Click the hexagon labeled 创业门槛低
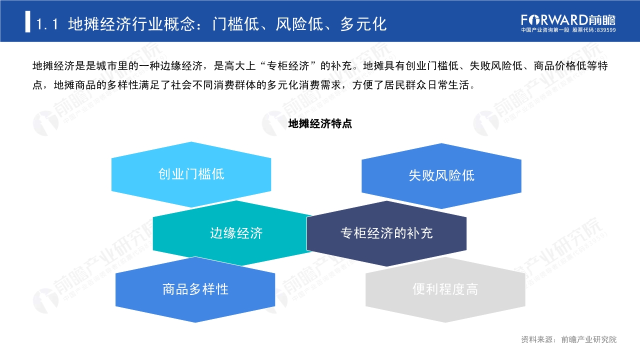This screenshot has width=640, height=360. click(191, 174)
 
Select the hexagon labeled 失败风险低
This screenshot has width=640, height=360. click(441, 175)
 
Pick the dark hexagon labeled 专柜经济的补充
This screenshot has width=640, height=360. click(386, 233)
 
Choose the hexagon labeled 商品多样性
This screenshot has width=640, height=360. click(195, 289)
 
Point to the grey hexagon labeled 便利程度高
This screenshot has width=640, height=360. click(445, 289)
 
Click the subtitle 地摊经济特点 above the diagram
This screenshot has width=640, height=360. click(320, 124)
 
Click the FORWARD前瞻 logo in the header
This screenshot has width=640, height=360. click(568, 19)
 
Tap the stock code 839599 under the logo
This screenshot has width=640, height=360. click(606, 30)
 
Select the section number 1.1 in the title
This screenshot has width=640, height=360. click(48, 23)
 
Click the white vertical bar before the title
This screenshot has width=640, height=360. click(28, 22)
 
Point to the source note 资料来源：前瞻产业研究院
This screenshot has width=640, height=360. click(568, 339)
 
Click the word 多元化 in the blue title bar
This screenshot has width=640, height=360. click(363, 23)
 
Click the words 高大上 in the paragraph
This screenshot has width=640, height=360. click(235, 66)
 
